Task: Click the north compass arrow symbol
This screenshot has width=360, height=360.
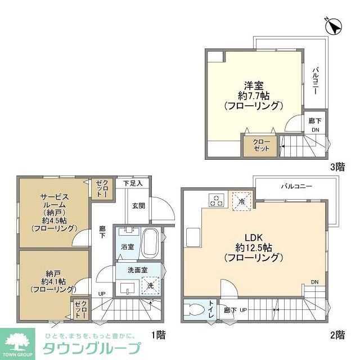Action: coord(333,26)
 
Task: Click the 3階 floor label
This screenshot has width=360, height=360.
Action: coord(337,167)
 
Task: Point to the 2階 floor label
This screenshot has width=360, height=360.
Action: coord(337,334)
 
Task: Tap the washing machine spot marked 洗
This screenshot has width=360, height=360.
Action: coord(150,286)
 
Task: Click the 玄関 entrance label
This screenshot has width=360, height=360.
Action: coord(138,206)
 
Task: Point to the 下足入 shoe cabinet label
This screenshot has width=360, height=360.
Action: coord(133,183)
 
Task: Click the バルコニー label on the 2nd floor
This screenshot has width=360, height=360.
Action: coord(297,185)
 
